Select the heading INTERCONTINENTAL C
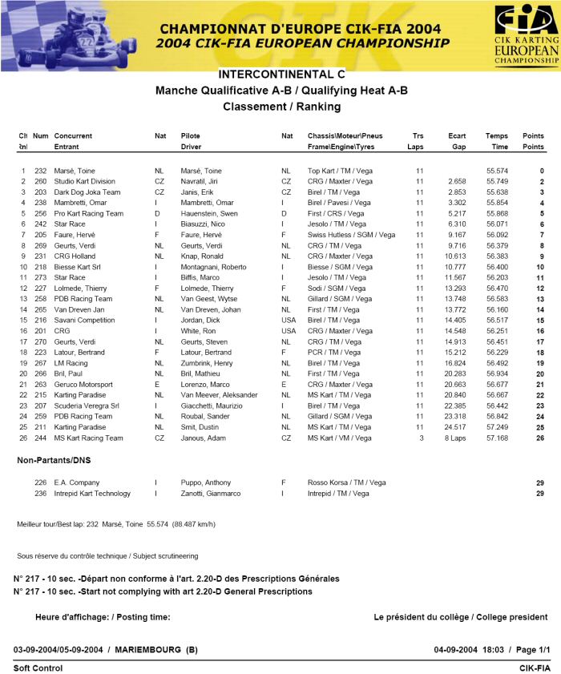[281, 74]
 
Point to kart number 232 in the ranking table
[40, 172]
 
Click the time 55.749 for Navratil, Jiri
[497, 182]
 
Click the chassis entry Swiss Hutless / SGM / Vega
[351, 235]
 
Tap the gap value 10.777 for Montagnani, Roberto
[454, 267]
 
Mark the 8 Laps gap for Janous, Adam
[454, 438]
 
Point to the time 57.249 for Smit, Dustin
[497, 427]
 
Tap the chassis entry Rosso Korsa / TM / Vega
[346, 482]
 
